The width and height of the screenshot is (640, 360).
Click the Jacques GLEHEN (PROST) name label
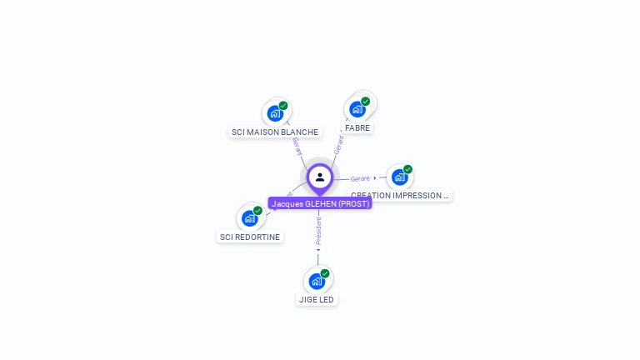click(320, 203)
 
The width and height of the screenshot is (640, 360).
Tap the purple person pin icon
click(320, 177)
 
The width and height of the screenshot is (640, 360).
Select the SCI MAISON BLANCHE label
click(275, 132)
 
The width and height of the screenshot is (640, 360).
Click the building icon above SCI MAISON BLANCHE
click(274, 113)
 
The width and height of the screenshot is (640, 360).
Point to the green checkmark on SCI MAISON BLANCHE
click(283, 106)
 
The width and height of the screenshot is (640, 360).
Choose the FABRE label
click(357, 128)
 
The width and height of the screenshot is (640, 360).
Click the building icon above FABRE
click(357, 109)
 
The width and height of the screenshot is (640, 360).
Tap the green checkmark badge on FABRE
click(365, 102)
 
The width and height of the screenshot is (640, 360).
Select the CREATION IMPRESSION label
click(400, 196)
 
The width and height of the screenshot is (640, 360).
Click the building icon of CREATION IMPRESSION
click(399, 177)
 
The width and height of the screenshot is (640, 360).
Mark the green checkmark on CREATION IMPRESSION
click(407, 169)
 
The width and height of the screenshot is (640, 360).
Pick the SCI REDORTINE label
click(250, 237)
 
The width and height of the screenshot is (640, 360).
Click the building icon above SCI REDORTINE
click(249, 218)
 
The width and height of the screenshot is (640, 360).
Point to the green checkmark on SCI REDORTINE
click(257, 211)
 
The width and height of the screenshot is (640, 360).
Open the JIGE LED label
click(317, 299)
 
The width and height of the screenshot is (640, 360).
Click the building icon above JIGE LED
click(317, 281)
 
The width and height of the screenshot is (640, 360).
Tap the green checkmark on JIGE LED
click(325, 273)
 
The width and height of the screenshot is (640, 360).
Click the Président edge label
click(318, 232)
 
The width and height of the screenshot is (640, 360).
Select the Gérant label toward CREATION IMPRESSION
click(360, 178)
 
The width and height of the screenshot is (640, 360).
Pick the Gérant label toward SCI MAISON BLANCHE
click(297, 146)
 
